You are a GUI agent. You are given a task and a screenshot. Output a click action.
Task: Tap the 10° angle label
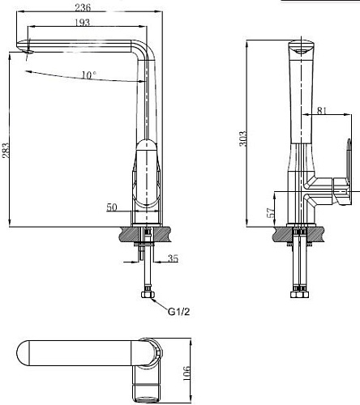pos(89,76)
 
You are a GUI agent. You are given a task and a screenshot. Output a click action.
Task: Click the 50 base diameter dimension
pos(112,208)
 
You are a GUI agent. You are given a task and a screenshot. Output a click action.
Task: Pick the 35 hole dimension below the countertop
pos(174,259)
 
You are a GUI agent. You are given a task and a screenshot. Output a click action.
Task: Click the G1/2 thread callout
pos(180,310)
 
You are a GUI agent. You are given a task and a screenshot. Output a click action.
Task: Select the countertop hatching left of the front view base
pos(127,234)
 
